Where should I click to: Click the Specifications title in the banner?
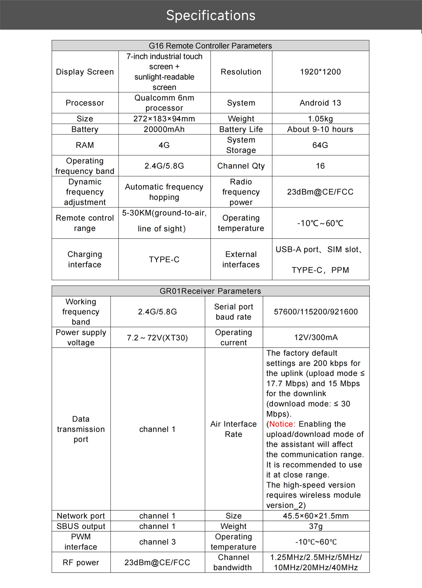pos(211,15)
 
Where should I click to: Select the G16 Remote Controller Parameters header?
pos(210,46)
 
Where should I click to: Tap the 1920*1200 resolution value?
pos(320,72)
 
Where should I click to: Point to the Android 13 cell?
pos(320,103)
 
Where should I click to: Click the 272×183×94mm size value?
pos(164,119)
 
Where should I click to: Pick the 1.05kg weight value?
pos(320,119)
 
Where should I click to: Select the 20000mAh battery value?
pos(164,129)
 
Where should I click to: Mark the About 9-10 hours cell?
pos(320,129)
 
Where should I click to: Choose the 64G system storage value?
pos(320,145)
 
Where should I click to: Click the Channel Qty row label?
pos(241,166)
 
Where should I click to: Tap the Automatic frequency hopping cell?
pos(164,192)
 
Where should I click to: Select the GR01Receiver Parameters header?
pos(210,291)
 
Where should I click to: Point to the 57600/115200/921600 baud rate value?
pos(316,312)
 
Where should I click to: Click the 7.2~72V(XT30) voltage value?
pos(157,337)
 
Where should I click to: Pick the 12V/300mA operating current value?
pos(316,337)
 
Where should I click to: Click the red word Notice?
pos(282,424)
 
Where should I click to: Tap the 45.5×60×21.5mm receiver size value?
pos(316,516)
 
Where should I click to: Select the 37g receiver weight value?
pos(316,526)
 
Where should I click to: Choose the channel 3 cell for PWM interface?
pos(157,542)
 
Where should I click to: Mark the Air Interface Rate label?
pos(234,429)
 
